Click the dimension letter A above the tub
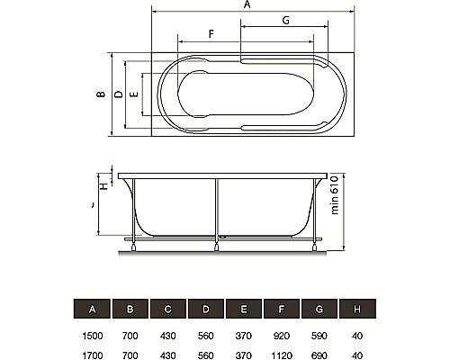tap(247, 4)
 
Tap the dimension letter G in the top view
tap(285, 21)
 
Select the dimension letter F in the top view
tap(211, 34)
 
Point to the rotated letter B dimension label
tap(101, 94)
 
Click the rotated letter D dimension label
tap(119, 94)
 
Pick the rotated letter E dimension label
tap(134, 94)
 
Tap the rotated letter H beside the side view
tap(103, 186)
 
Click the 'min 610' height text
tap(335, 195)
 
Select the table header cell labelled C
tap(168, 309)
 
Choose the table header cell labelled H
tap(357, 309)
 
